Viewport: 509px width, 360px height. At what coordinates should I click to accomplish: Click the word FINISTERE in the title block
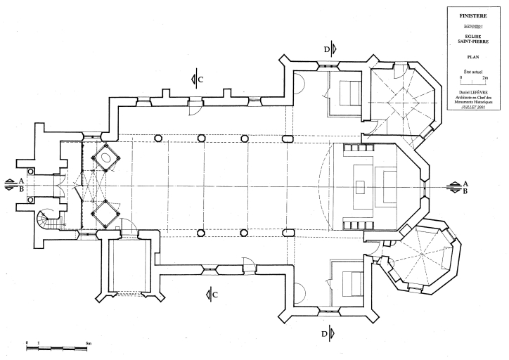pos(473,14)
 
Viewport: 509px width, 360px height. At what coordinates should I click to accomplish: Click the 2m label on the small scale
pos(487,77)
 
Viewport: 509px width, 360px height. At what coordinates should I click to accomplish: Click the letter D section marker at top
pos(327,49)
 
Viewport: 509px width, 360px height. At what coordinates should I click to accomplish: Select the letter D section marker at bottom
pos(326,334)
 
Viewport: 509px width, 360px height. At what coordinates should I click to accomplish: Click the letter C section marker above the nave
pos(201,79)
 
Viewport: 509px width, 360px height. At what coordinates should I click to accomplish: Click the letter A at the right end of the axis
pos(465,183)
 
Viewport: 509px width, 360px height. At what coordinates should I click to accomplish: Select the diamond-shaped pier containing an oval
pos(108,157)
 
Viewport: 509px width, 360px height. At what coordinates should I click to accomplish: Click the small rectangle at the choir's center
pos(360,186)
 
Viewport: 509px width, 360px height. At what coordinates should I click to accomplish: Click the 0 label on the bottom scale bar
pos(27,342)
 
